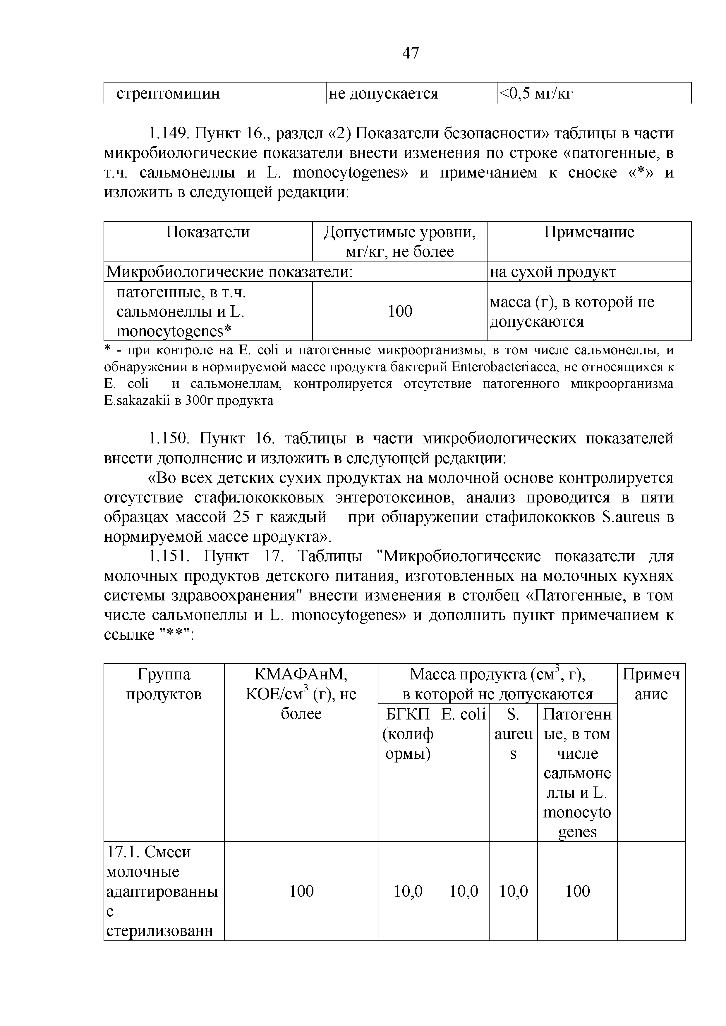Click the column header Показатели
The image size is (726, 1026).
[208, 232]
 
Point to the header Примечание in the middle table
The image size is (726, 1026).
[589, 232]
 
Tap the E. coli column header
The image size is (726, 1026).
[463, 714]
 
